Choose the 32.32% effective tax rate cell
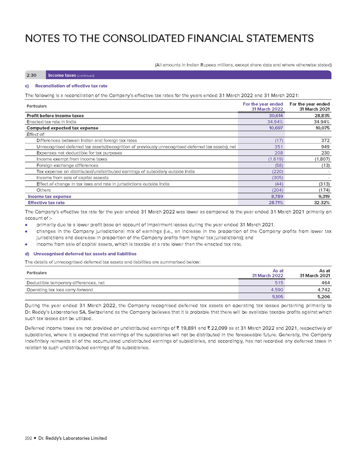pos(320,203)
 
